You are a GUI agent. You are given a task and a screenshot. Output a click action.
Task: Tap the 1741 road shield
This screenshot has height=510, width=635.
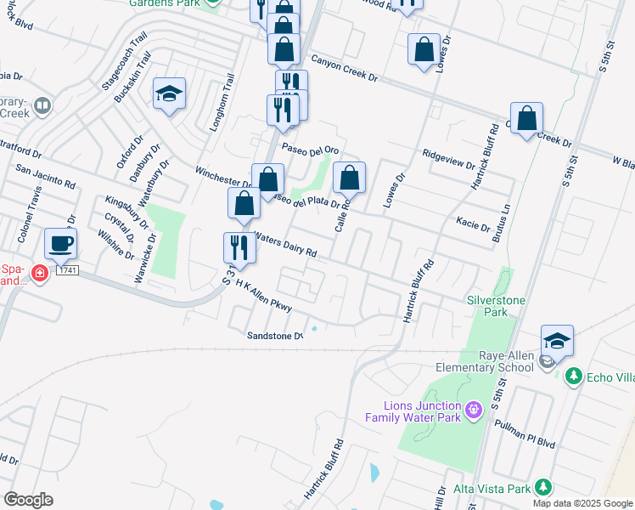coord(68,270)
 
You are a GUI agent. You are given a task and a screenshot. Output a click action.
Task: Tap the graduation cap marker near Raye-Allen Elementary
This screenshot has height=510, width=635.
coord(556,342)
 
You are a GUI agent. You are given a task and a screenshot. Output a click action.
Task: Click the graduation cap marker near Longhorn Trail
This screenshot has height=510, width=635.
coord(170,94)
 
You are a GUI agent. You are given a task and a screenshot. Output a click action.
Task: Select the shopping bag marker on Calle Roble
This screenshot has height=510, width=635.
coord(349,178)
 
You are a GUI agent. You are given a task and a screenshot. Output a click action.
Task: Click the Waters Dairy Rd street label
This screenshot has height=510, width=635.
coord(285,247)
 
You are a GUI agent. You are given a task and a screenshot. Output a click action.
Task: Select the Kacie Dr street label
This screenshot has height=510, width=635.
coord(473,225)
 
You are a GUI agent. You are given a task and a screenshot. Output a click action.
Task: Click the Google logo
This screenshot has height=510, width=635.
coord(29,500)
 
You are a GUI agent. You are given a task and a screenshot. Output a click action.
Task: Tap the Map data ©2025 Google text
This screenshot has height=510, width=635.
coord(582,503)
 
